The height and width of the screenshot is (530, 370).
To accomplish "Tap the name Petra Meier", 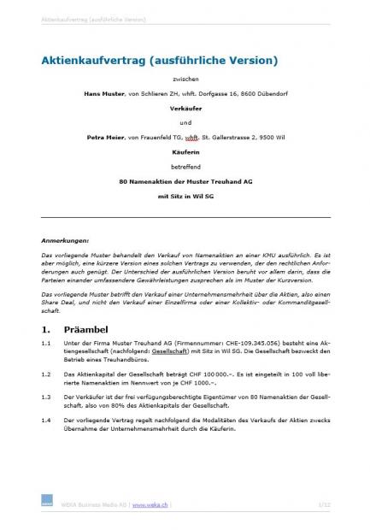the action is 105,136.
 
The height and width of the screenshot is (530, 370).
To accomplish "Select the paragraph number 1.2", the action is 46,374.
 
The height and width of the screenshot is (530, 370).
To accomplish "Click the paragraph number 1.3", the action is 46,397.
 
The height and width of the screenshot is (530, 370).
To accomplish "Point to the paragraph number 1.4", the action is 46,421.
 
